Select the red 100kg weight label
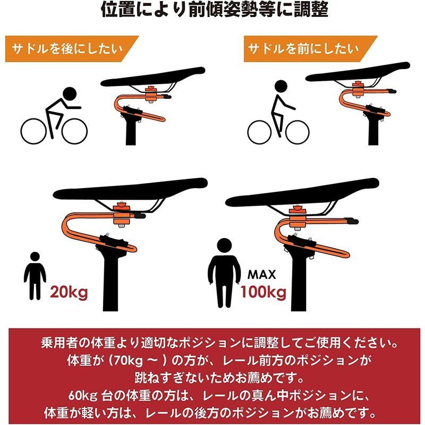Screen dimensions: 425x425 click(x=263, y=291)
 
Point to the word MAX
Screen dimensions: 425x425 click(x=262, y=275)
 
